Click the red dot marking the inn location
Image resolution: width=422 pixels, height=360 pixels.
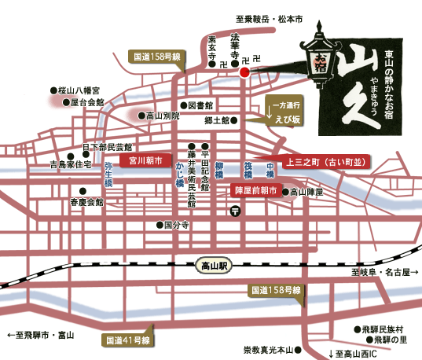pyautogui.click(x=244, y=73)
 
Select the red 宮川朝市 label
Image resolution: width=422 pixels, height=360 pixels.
pyautogui.click(x=145, y=160)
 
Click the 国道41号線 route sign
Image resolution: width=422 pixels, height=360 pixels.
pyautogui.click(x=130, y=340)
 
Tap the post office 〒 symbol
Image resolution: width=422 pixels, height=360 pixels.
pyautogui.click(x=235, y=211)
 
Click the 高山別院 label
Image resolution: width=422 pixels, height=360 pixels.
pyautogui.click(x=163, y=116)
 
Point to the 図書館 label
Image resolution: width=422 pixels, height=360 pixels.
pyautogui.click(x=200, y=105)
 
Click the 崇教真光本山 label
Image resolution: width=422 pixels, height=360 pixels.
pyautogui.click(x=270, y=349)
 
